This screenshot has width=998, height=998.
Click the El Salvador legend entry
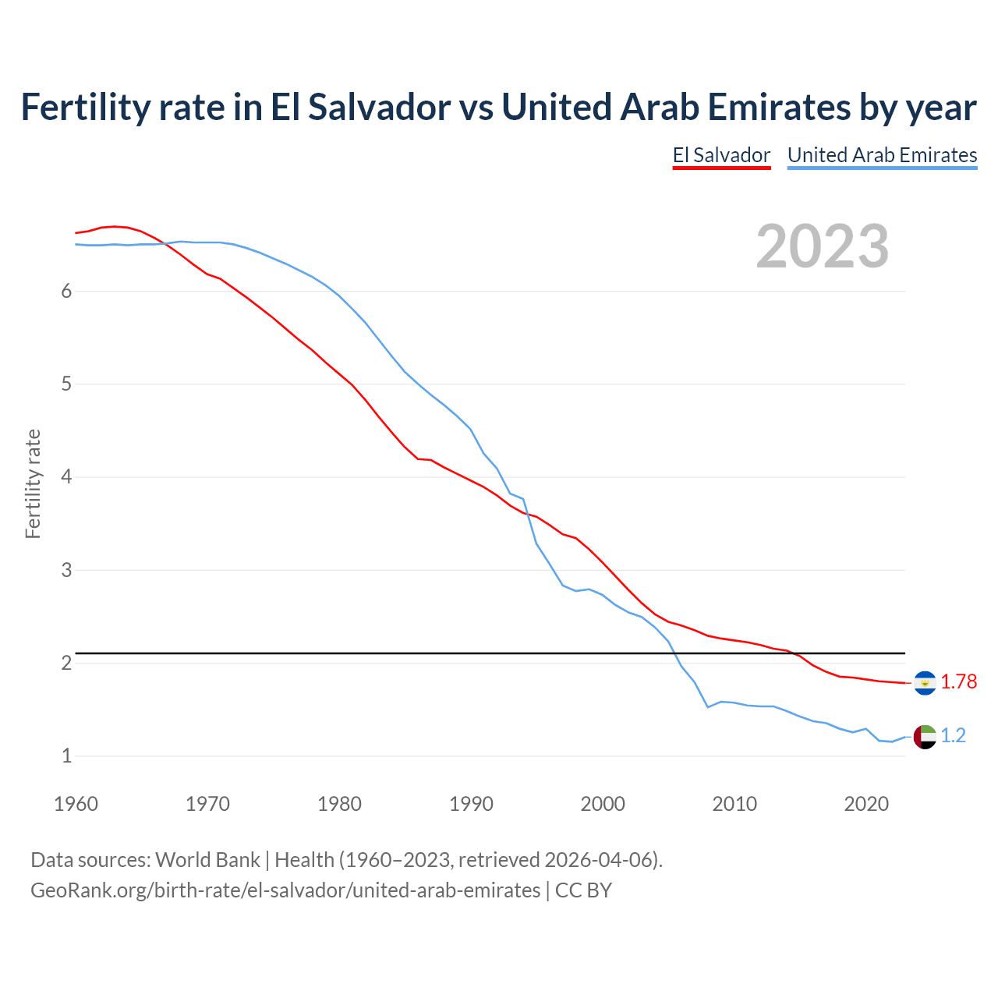coord(721,155)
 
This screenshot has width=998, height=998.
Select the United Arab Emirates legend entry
coord(882,155)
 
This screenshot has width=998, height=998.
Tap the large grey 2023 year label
coord(822,246)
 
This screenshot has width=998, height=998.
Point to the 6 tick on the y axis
coord(66,291)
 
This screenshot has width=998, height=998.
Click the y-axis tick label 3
coord(66,570)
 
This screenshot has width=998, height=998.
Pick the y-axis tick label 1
coord(66,756)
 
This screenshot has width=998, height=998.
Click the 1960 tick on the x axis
coord(76,804)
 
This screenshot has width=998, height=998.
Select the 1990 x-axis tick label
coord(471,804)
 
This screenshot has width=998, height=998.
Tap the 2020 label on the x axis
coord(866,804)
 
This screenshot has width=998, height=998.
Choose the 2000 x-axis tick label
coord(603,804)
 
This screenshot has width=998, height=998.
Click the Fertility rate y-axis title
coord(33,483)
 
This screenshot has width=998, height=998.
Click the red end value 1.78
coord(958,681)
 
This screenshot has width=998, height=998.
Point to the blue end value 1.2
coord(953,735)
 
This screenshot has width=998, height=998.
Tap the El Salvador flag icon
coord(925,683)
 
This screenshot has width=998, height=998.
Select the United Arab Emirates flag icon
coord(925,737)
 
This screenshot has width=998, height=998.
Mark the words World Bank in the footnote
coord(207,860)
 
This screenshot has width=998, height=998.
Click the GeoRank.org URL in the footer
coord(285,890)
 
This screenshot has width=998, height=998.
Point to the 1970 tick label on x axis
coord(207,804)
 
